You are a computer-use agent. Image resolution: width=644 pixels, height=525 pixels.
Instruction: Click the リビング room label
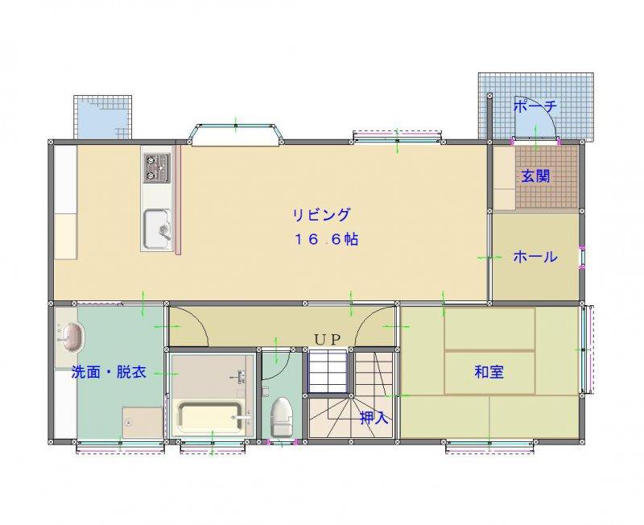click(x=321, y=215)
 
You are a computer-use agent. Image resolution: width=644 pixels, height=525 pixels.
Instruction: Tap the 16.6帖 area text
click(x=326, y=239)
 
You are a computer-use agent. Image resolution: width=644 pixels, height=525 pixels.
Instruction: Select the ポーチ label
click(x=535, y=106)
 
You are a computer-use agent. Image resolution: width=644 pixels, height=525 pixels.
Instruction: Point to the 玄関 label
click(x=535, y=176)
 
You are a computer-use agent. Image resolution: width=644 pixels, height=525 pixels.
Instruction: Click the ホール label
click(x=535, y=257)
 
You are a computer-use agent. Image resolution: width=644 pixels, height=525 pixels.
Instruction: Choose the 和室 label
click(x=489, y=372)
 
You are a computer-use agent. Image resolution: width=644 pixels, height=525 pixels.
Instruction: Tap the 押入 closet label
click(x=374, y=418)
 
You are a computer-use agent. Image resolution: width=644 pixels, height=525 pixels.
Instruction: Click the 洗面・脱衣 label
click(x=109, y=372)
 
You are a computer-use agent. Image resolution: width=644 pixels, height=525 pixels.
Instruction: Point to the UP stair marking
click(x=328, y=340)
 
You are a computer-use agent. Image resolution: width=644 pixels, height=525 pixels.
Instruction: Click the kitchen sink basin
click(x=156, y=229)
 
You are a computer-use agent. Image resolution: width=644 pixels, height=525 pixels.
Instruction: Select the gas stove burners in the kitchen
click(x=156, y=168)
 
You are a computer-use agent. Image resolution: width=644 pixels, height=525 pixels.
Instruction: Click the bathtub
click(x=209, y=418)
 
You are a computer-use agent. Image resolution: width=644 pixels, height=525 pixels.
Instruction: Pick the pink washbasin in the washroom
click(x=72, y=337)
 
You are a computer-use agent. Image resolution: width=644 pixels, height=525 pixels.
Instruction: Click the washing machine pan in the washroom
click(x=142, y=423)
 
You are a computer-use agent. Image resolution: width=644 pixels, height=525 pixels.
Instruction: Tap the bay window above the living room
click(x=235, y=134)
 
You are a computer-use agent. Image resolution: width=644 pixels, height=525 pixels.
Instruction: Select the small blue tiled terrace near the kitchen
click(x=103, y=118)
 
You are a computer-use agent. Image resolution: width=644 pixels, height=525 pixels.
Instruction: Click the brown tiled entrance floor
click(x=547, y=177)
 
